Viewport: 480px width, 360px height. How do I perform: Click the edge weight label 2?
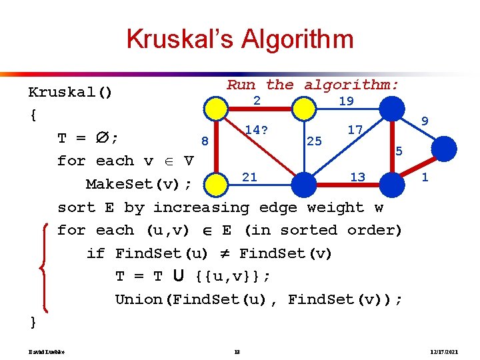pyautogui.click(x=256, y=101)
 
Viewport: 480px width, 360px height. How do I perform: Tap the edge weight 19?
pyautogui.click(x=346, y=101)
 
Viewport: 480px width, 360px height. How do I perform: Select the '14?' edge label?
pyautogui.click(x=256, y=130)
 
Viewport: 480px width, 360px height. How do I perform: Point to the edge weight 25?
pyautogui.click(x=313, y=141)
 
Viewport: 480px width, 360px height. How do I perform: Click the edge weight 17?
pyautogui.click(x=355, y=130)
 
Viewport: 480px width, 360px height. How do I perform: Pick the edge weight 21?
pyautogui.click(x=249, y=177)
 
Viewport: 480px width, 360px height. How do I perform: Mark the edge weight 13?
pyautogui.click(x=357, y=177)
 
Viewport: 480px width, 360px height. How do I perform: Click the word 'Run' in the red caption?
pyautogui.click(x=241, y=85)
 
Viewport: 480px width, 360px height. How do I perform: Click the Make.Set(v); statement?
pyautogui.click(x=139, y=184)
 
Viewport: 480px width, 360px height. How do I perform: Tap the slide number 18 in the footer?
pyautogui.click(x=238, y=351)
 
